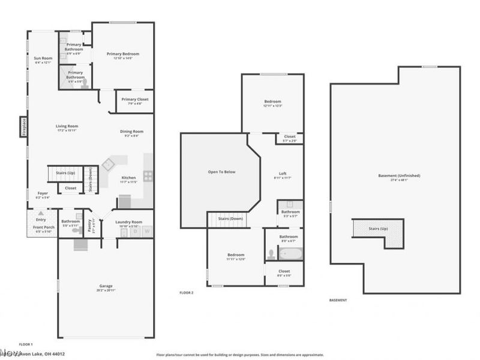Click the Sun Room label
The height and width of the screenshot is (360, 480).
click(43, 58)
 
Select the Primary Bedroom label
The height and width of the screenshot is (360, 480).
click(119, 54)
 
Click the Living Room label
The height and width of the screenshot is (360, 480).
click(67, 126)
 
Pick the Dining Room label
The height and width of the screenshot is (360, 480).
click(133, 131)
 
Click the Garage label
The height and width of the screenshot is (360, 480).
click(106, 286)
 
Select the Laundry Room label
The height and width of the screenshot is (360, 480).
click(128, 221)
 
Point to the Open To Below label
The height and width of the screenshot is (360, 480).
click(221, 172)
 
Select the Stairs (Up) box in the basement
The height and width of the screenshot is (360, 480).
click(377, 229)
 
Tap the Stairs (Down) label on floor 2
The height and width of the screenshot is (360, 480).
click(229, 218)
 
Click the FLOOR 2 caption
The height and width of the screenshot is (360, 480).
click(186, 293)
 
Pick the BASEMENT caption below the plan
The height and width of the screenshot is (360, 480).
click(338, 299)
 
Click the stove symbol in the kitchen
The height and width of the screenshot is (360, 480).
click(148, 176)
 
